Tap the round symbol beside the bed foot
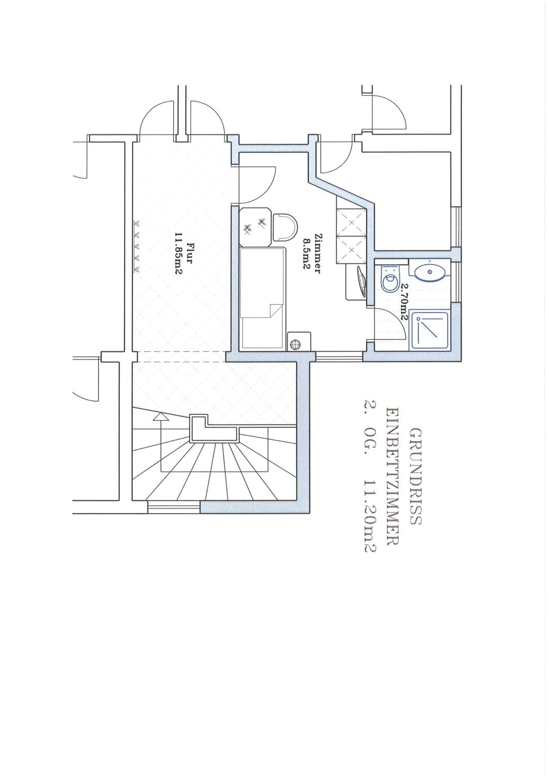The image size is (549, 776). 295,344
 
